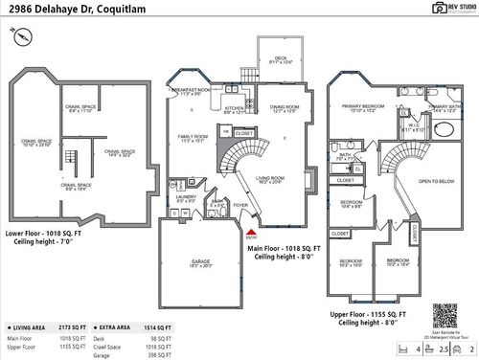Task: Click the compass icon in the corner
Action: [x=18, y=36]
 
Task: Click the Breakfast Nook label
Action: [x=188, y=92]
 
